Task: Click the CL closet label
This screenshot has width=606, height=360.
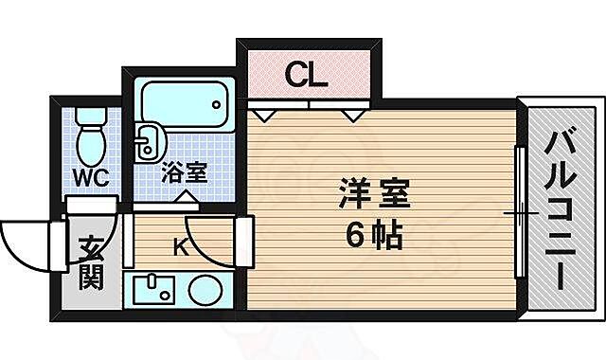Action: tap(306, 75)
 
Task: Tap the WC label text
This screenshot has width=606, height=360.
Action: tap(92, 178)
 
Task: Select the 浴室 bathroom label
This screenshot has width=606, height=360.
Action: tap(185, 172)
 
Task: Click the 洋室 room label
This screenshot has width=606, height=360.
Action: tap(374, 193)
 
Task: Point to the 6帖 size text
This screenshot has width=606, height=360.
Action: tap(374, 236)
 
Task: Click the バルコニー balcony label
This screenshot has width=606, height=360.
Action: tap(561, 210)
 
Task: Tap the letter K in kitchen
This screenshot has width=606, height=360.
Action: tap(181, 247)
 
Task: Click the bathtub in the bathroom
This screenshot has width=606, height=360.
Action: tap(185, 104)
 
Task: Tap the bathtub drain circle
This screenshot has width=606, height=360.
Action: tap(217, 104)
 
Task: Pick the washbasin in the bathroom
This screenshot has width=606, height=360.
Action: tap(150, 142)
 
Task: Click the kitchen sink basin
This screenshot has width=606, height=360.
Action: tap(153, 290)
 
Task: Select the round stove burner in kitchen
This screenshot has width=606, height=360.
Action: tap(205, 290)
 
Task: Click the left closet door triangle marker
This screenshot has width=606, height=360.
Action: tap(264, 116)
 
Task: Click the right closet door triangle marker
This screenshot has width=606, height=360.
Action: tap(353, 116)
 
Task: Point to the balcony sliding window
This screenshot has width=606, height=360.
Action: tap(520, 212)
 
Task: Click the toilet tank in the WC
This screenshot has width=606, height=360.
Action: tap(91, 116)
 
